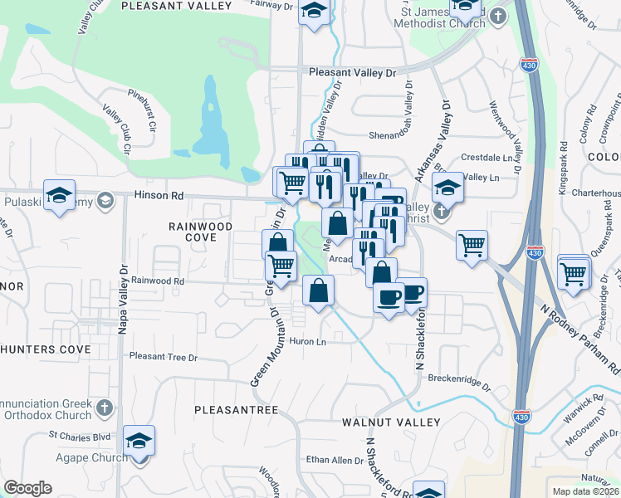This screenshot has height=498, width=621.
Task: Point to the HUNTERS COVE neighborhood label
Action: (x=45, y=349)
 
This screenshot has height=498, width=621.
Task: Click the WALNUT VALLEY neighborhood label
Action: (x=391, y=422)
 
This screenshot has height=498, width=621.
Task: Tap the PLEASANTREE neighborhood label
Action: (x=236, y=410)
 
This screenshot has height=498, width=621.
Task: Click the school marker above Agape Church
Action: (x=139, y=441)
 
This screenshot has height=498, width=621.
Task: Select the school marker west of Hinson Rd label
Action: (x=60, y=195)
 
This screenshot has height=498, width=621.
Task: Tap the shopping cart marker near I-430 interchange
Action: (x=472, y=245)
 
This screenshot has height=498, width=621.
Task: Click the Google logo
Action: (x=27, y=488)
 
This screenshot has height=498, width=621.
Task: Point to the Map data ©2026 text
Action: (x=585, y=491)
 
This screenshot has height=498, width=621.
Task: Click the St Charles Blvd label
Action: (x=80, y=435)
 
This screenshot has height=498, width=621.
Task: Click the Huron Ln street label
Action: (x=307, y=342)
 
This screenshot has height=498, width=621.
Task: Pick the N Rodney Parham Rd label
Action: (x=579, y=336)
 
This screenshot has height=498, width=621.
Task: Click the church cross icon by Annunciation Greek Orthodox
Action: (x=104, y=407)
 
